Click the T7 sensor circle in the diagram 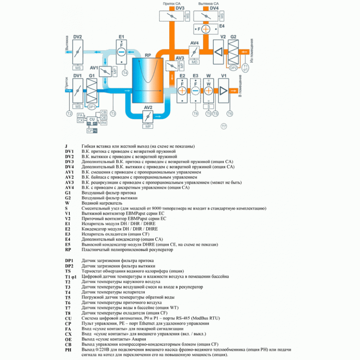tap(224, 127)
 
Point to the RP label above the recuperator tap(148, 55)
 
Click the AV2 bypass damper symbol tap(148, 116)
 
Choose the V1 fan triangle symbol tap(224, 90)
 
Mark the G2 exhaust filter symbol tap(233, 52)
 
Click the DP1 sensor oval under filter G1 tap(92, 107)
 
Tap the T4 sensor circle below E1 tap(125, 73)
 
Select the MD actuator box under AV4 tap(194, 62)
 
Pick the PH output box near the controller tap(104, 122)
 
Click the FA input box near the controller tap(80, 115)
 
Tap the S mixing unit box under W tap(209, 106)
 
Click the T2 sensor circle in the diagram tap(69, 114)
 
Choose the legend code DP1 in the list tap(69, 261)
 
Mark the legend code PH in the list tap(68, 350)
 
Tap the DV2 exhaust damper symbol tap(78, 52)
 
